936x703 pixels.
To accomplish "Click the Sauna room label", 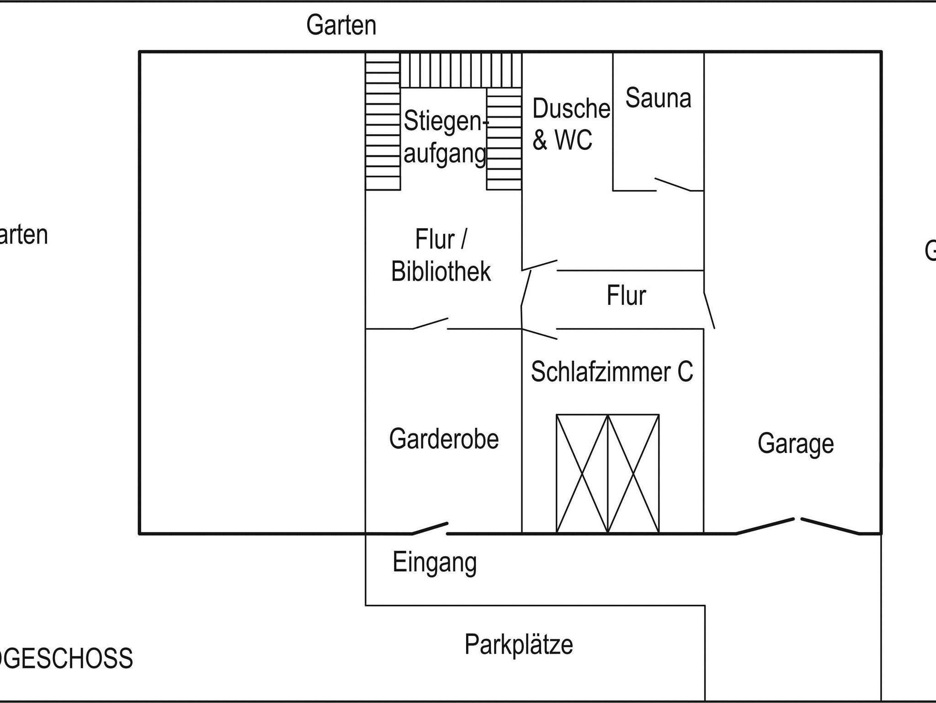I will (658, 98).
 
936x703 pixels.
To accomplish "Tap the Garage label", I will (795, 443).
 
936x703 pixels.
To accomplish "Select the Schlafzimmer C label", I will (612, 372).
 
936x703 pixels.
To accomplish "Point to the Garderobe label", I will (444, 439).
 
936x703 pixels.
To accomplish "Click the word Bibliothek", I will (441, 272).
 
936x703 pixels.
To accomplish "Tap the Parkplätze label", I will (519, 644).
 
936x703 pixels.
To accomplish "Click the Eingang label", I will (435, 563).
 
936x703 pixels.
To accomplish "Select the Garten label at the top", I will (341, 25).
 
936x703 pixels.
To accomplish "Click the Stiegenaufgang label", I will (444, 137).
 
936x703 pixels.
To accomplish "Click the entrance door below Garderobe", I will (430, 528).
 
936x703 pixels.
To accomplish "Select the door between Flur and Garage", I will (709, 311).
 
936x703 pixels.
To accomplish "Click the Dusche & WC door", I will (540, 265).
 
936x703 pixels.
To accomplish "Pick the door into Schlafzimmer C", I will (540, 334).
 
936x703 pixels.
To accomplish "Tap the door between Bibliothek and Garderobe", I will (430, 324).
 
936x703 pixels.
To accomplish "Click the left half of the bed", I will (582, 474).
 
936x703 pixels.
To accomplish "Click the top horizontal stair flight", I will (461, 70).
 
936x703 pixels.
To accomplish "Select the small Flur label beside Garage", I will (626, 296).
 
